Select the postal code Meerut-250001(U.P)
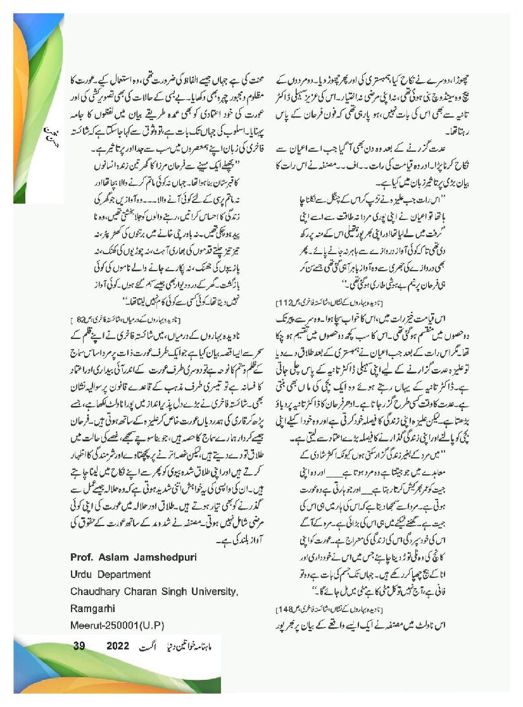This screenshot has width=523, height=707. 117,625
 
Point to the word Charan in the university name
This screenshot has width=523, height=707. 140,591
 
